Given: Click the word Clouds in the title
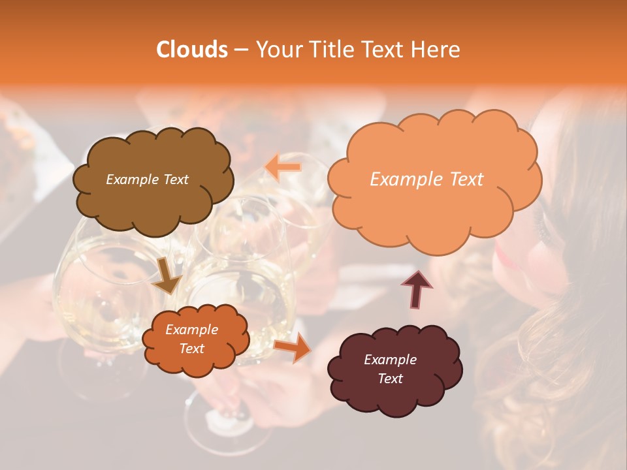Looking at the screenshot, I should (192, 50).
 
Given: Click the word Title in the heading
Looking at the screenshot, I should (332, 50).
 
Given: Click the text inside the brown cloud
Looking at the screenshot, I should (147, 180).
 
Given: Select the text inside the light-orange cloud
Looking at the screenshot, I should (426, 180).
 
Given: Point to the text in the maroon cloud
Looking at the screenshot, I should (390, 369).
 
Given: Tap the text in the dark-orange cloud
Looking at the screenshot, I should (191, 339).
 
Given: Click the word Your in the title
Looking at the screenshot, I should (279, 50).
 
